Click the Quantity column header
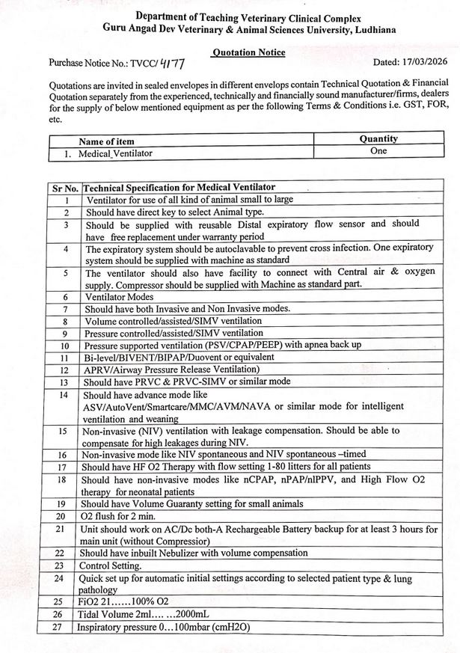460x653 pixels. [x=378, y=139]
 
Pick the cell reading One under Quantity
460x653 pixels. [x=378, y=151]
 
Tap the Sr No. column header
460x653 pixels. [x=66, y=187]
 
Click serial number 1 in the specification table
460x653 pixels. [x=67, y=200]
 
